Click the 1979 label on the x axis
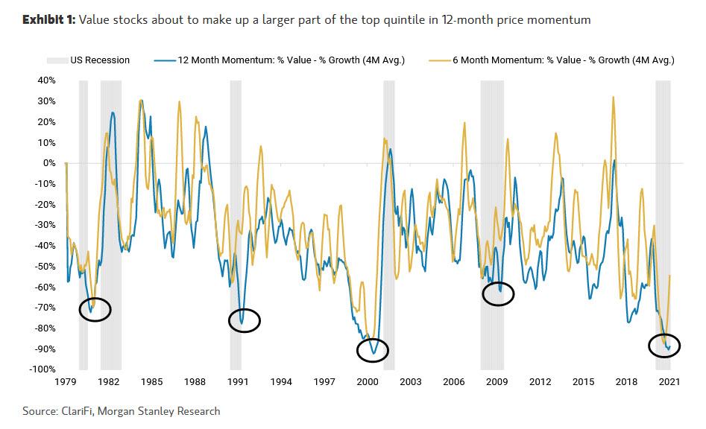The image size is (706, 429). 66,381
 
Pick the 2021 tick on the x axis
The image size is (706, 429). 669,381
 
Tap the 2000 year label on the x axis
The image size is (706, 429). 367,381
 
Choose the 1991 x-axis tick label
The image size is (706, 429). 238,381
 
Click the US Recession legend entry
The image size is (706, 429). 100,60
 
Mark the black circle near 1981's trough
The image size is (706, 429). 95,309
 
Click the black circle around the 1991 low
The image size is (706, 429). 245,320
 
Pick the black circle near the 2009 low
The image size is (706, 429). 498,293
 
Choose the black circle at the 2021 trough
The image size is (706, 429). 662,347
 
